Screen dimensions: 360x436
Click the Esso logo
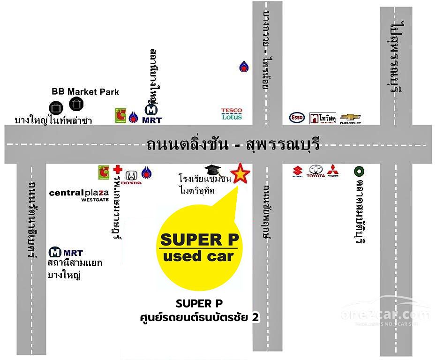[x=297, y=118]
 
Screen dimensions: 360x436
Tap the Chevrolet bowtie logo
[x=350, y=118]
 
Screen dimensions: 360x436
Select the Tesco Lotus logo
[x=232, y=114]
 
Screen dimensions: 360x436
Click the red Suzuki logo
[x=297, y=172]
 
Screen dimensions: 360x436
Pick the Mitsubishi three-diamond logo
[x=332, y=171]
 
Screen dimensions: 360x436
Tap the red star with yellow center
[x=240, y=173]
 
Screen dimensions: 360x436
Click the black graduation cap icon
[x=212, y=170]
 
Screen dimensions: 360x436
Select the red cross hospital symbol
[x=118, y=169]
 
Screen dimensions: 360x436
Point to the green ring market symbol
[x=359, y=170]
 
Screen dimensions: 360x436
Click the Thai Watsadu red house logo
[x=323, y=118]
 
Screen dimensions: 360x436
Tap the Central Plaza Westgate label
[x=79, y=195]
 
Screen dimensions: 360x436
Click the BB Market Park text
[x=85, y=92]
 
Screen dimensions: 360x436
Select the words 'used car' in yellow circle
[x=197, y=256]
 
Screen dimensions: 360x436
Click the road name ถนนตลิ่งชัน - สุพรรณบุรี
[x=233, y=144]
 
